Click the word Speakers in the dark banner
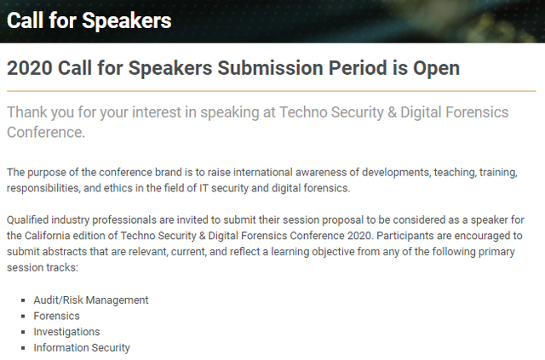click(x=127, y=20)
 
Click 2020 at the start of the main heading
click(x=30, y=68)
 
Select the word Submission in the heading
click(x=270, y=68)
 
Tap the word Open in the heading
click(x=436, y=69)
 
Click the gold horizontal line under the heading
click(x=272, y=91)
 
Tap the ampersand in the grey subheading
click(x=392, y=112)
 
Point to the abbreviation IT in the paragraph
click(x=204, y=188)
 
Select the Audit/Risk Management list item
click(x=91, y=300)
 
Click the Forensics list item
click(x=57, y=316)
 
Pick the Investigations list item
click(x=66, y=332)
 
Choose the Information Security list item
click(x=82, y=347)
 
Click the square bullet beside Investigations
click(x=23, y=332)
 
